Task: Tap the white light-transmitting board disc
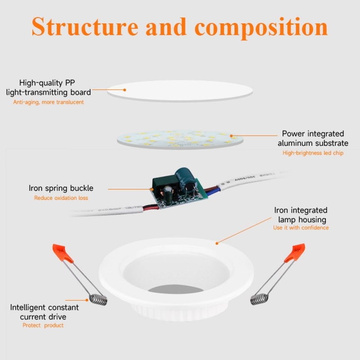point(180,90)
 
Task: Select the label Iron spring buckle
point(61,189)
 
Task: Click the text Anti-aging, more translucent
point(49,102)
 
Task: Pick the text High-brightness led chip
point(313,153)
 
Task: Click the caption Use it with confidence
point(301,228)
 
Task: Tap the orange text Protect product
point(43,325)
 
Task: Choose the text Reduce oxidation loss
point(61,198)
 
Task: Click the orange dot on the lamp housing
point(217,243)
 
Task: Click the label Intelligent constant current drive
point(45,312)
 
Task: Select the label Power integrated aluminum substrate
point(313,139)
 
